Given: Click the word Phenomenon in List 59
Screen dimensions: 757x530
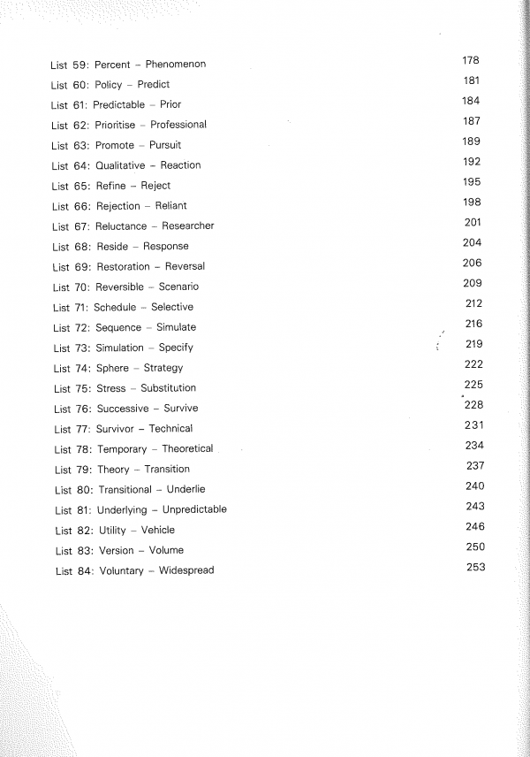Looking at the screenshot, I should [x=175, y=65].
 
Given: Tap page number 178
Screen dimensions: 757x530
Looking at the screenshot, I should [x=470, y=60].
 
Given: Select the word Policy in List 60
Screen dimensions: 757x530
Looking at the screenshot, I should [x=109, y=85].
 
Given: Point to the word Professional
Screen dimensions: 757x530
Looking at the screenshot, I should [x=178, y=125].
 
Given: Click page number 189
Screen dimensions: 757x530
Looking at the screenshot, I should [x=471, y=141].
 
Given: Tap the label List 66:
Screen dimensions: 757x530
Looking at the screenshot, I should [x=71, y=206].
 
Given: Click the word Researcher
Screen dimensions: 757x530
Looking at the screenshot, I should [x=188, y=226].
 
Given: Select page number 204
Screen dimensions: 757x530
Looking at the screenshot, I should [x=472, y=242].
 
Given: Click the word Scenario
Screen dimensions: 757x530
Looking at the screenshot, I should [x=179, y=287].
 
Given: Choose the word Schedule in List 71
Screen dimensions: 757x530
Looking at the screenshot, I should [x=115, y=307].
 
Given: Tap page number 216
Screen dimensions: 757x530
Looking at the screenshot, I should [x=473, y=324].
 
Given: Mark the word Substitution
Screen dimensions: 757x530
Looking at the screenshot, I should [x=169, y=388].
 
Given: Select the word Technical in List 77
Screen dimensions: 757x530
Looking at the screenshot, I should [x=170, y=429].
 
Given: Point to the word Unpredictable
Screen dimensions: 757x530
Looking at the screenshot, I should [x=194, y=509].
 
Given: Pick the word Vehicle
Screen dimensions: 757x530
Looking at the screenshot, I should [x=158, y=531].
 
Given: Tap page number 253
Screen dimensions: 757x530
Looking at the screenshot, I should [x=476, y=567].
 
